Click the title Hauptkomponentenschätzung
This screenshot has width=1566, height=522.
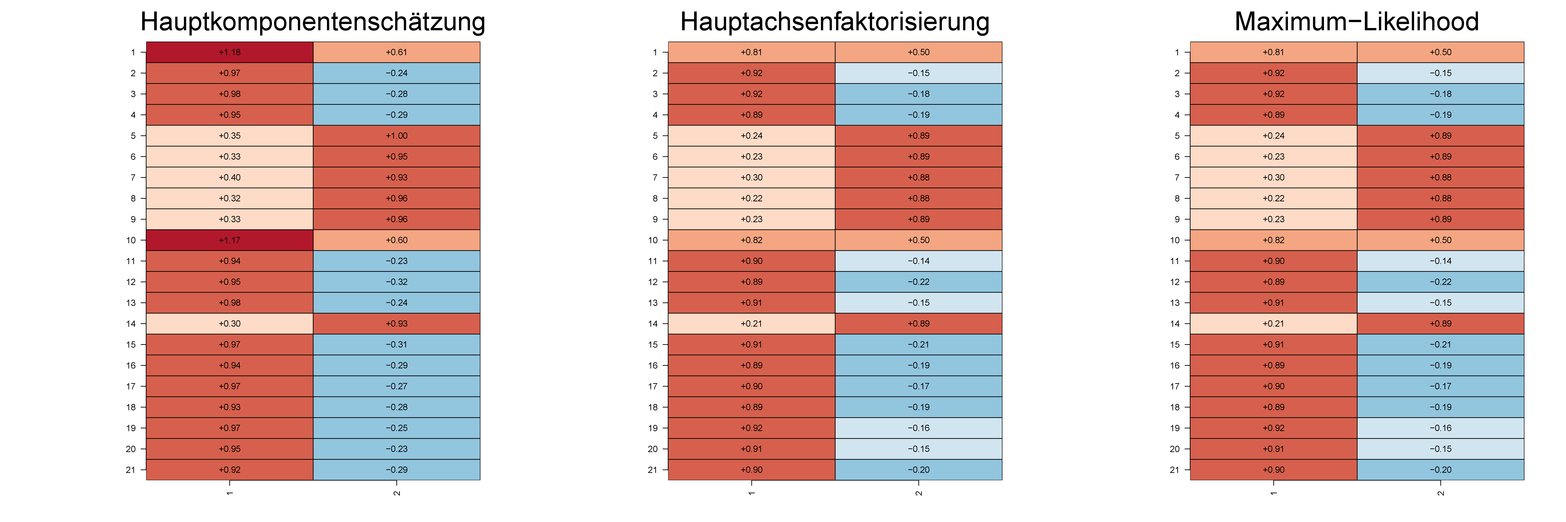[313, 22]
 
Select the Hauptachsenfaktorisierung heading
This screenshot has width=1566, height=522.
[835, 22]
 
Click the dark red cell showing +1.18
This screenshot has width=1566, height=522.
[230, 52]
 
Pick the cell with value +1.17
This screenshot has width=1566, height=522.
[230, 240]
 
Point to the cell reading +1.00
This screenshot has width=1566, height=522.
[396, 136]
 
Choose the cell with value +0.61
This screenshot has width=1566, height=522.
[396, 52]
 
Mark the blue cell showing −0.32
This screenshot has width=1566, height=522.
[396, 282]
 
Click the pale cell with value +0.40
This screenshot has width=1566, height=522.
[230, 177]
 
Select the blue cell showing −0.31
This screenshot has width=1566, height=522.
[396, 345]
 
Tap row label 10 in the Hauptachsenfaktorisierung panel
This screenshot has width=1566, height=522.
[653, 240]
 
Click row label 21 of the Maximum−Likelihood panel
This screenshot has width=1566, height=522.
[1174, 470]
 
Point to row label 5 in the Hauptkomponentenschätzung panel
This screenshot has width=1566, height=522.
[133, 136]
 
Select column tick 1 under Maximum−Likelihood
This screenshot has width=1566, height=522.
[1274, 492]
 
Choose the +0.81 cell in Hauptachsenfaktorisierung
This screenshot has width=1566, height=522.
[751, 52]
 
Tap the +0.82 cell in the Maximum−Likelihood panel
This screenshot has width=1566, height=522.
[1274, 240]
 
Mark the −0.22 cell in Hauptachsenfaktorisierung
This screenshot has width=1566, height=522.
[919, 282]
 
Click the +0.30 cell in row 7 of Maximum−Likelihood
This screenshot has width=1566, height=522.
[1274, 177]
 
